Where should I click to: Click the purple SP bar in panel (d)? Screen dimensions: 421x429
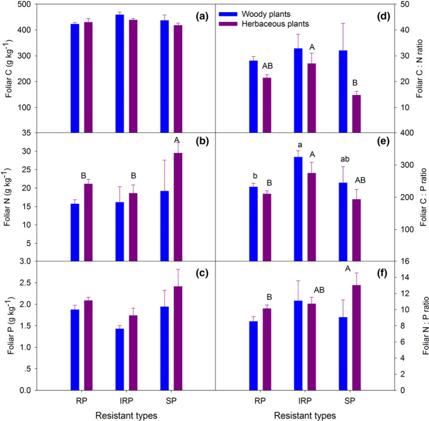point(356,114)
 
